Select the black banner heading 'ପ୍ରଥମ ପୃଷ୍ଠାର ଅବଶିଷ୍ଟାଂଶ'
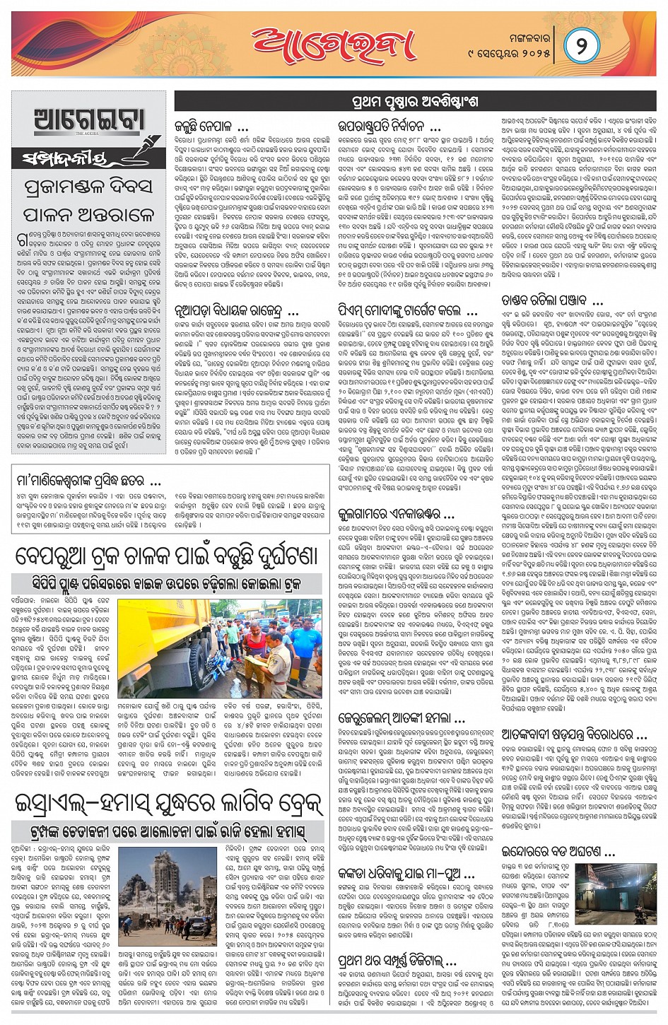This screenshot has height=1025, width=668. (x=414, y=101)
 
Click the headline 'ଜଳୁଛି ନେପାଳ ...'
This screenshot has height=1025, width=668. (x=211, y=127)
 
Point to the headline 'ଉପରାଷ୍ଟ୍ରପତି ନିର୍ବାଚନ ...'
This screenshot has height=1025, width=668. (x=389, y=127)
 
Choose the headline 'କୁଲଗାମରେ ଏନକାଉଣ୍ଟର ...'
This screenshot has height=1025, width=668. (x=397, y=513)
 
